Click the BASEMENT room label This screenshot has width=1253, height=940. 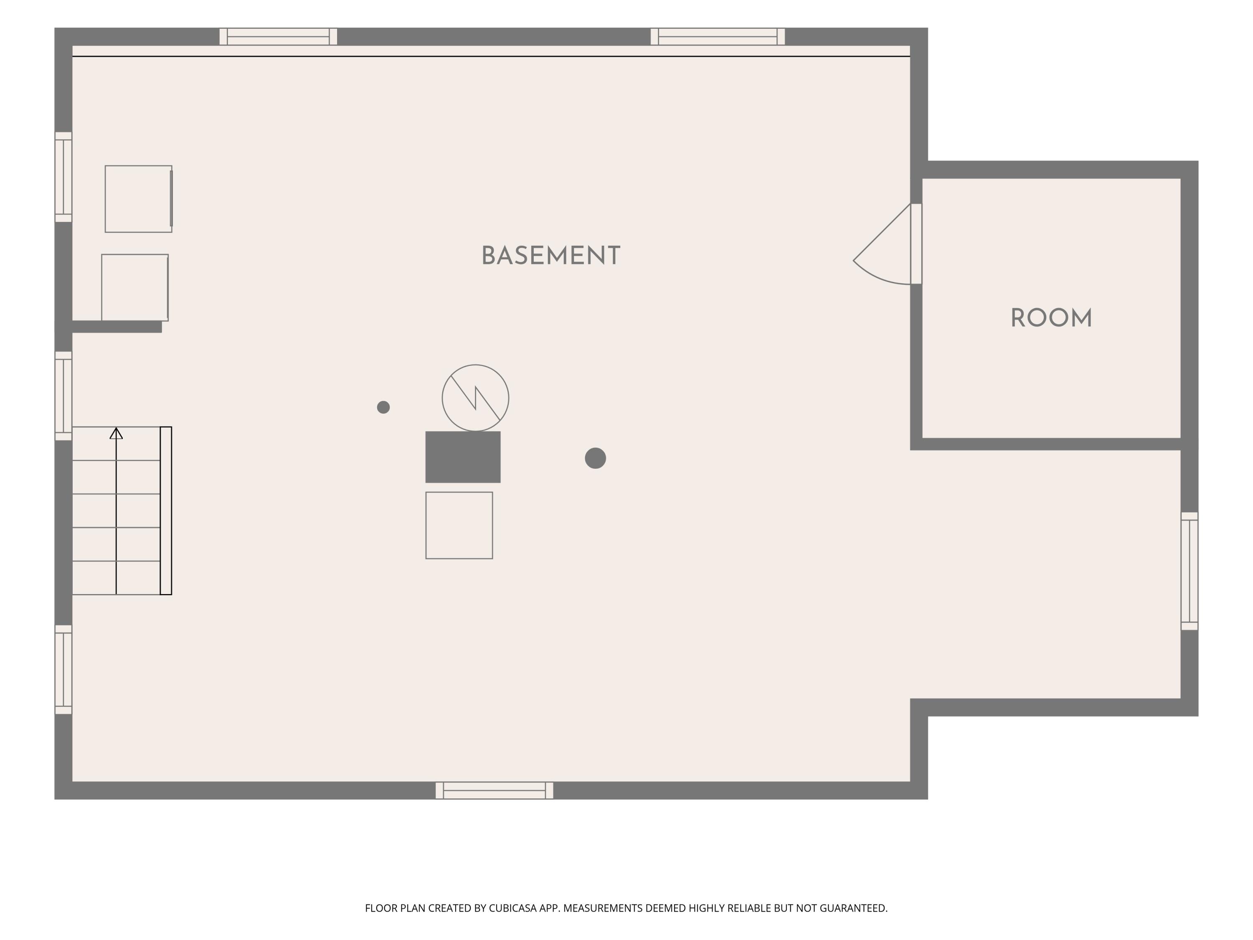tap(550, 256)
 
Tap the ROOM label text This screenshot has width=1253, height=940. tap(1051, 318)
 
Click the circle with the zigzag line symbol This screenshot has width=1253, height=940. tap(475, 398)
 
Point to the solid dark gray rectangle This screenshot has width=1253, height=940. tap(463, 457)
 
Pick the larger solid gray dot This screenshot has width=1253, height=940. tap(595, 458)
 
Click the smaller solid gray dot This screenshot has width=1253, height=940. tap(383, 407)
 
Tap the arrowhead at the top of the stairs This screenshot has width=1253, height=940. tap(116, 434)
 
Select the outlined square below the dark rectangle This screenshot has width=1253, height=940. tap(459, 525)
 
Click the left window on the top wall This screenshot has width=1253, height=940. tap(278, 37)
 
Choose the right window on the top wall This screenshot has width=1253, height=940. tap(718, 37)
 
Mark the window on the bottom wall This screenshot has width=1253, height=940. tap(494, 790)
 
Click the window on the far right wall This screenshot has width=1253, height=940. tap(1190, 571)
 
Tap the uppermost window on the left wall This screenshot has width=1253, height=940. tap(63, 177)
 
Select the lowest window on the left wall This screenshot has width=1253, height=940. tap(63, 670)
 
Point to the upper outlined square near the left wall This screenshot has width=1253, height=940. tap(139, 199)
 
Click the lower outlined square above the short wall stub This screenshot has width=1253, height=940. tap(135, 288)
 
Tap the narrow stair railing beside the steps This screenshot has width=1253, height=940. tap(166, 511)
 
